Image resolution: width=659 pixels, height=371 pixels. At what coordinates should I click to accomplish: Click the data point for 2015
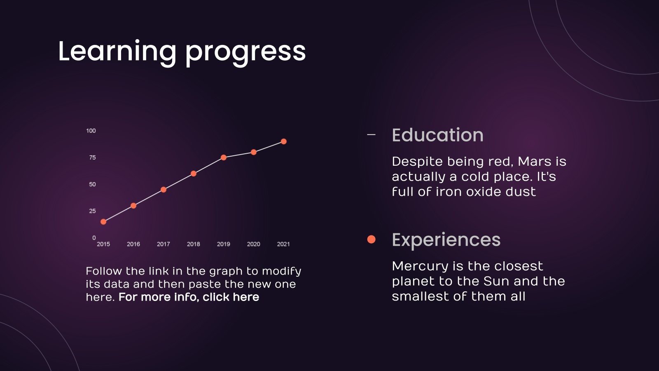click(103, 222)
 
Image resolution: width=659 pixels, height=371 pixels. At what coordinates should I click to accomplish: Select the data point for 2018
click(194, 174)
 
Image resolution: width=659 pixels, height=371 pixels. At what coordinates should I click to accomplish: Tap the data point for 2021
click(284, 141)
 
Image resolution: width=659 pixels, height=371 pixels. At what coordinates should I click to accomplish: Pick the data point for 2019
click(224, 157)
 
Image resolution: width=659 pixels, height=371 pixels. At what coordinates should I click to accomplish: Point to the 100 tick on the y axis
click(91, 131)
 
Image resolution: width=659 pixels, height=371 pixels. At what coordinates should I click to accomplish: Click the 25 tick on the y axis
click(92, 211)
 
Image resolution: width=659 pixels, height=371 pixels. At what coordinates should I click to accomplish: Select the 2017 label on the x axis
click(164, 244)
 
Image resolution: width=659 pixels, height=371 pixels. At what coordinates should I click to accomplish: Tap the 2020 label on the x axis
click(254, 244)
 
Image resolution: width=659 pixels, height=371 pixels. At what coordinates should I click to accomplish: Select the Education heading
click(437, 135)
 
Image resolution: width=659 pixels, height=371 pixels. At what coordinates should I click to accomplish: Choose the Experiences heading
click(446, 240)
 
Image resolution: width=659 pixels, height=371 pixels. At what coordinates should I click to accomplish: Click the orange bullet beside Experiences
click(372, 239)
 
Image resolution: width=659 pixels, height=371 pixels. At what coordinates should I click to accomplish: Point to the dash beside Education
click(372, 134)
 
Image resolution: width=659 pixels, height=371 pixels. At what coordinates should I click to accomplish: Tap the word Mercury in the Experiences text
click(421, 266)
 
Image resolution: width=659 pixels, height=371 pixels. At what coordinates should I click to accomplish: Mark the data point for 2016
click(133, 206)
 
